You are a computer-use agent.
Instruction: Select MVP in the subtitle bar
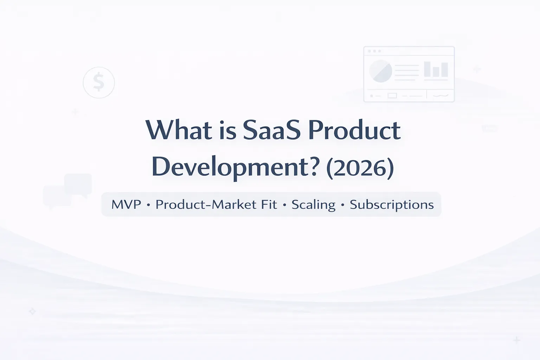point(126,205)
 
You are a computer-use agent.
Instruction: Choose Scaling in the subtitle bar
point(313,205)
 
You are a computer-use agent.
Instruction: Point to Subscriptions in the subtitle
point(392,205)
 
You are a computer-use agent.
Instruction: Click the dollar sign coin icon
point(99,82)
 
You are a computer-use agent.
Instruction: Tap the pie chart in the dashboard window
point(380,71)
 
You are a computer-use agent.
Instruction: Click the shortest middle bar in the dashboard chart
point(436,71)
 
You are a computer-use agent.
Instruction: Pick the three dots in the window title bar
point(374,51)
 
